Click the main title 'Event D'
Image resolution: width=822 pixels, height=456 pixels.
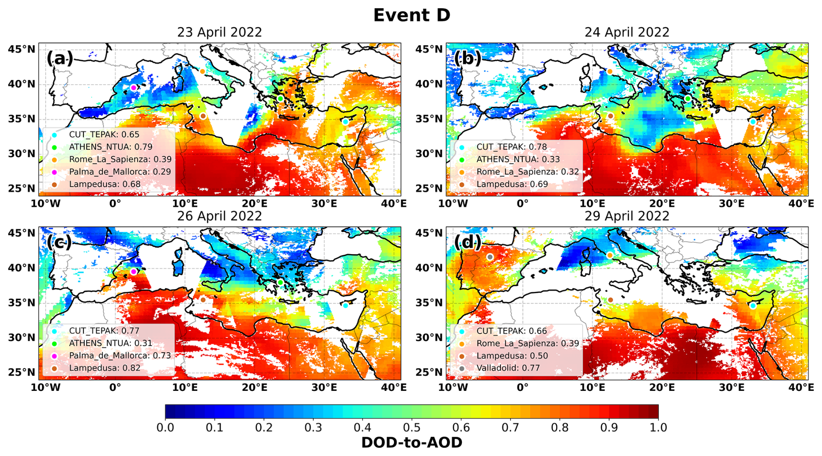tap(411, 15)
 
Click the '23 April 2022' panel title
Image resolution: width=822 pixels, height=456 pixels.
tap(219, 33)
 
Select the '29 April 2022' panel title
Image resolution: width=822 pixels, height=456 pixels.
tap(627, 216)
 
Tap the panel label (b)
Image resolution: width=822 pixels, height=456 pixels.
tap(467, 58)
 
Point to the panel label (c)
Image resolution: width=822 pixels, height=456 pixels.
tap(59, 242)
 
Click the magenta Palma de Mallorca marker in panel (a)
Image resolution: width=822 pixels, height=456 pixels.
tap(134, 88)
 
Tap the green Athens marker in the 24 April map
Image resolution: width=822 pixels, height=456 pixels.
tap(688, 99)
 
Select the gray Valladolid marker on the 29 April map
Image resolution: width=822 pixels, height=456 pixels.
tap(490, 257)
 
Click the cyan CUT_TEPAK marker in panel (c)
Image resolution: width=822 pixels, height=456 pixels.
tap(345, 305)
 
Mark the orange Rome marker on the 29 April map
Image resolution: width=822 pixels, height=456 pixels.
tap(610, 255)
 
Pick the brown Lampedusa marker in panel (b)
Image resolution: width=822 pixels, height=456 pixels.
tap(610, 116)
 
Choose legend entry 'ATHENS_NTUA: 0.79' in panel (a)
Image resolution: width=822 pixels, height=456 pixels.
tap(110, 147)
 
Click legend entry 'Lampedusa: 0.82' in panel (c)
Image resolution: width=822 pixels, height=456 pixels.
tap(105, 368)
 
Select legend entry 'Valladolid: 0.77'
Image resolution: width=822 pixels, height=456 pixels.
tap(508, 368)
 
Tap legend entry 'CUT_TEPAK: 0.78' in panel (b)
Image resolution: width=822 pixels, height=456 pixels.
tap(511, 147)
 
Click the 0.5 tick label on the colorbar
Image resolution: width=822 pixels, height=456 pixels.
tap(411, 428)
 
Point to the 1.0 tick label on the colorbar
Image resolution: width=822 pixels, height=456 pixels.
tap(658, 428)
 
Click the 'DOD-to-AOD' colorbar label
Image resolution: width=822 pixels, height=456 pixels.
tap(411, 443)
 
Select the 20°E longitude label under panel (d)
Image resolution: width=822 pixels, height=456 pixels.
tap(662, 387)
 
